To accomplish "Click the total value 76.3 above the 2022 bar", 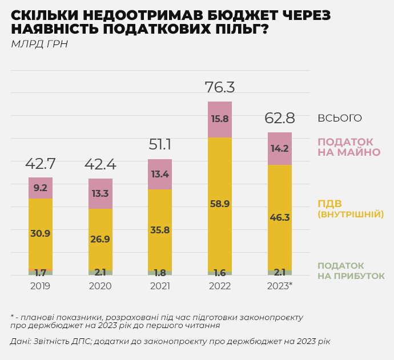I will pyautogui.click(x=220, y=87).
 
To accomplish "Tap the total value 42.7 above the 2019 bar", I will pyautogui.click(x=41, y=164).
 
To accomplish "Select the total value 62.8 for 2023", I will pyautogui.click(x=280, y=118).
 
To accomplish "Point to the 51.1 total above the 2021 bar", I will pyautogui.click(x=160, y=144).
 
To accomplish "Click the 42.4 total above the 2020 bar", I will pyautogui.click(x=100, y=164).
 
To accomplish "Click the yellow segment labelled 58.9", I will pyautogui.click(x=220, y=204).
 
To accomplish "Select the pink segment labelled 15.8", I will pyautogui.click(x=220, y=119).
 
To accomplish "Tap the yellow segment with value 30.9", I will pyautogui.click(x=41, y=233).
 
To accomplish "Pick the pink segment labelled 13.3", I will pyautogui.click(x=100, y=193).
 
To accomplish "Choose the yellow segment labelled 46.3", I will pyautogui.click(x=280, y=217).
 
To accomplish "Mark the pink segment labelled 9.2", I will pyautogui.click(x=41, y=188).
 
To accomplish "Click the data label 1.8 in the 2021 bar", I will pyautogui.click(x=160, y=273).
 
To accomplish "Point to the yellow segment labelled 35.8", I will pyautogui.click(x=160, y=230).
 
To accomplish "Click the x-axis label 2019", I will pyautogui.click(x=41, y=286).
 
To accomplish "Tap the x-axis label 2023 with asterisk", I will pyautogui.click(x=280, y=286).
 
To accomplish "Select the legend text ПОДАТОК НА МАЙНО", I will pyautogui.click(x=348, y=147).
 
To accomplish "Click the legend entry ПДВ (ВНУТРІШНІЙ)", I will pyautogui.click(x=350, y=209).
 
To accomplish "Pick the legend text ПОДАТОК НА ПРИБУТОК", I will pyautogui.click(x=351, y=271).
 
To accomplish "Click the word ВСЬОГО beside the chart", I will pyautogui.click(x=340, y=118).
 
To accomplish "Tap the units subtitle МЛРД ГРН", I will pyautogui.click(x=39, y=44).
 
